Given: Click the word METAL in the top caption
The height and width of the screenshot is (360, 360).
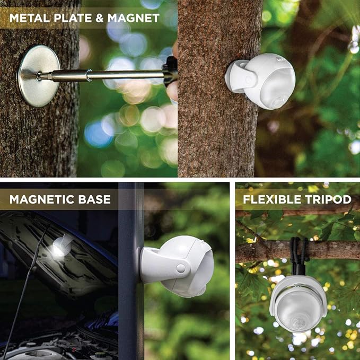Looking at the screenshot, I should click(x=27, y=18).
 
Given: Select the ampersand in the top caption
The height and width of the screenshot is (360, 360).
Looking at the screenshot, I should click(x=98, y=18).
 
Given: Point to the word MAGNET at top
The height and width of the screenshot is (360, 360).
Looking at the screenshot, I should click(x=133, y=18).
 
